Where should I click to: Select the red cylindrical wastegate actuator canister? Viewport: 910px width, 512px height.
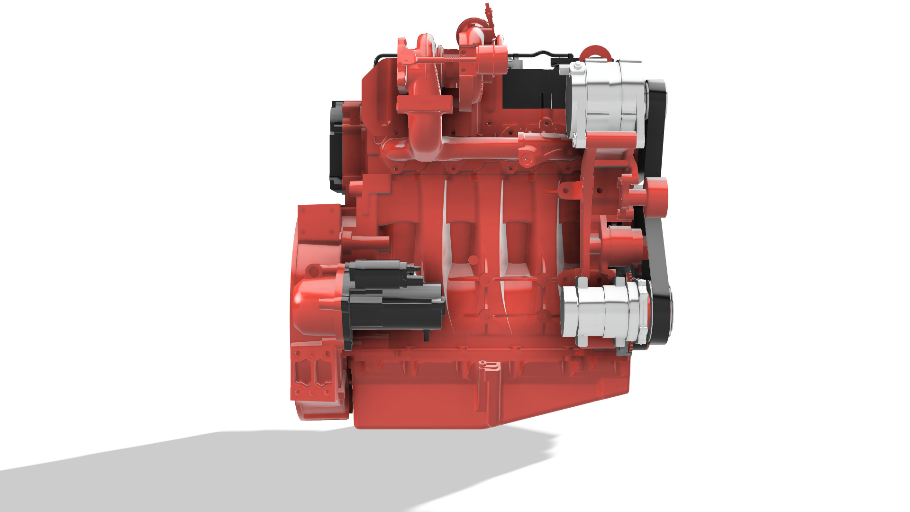pos(493,59)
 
